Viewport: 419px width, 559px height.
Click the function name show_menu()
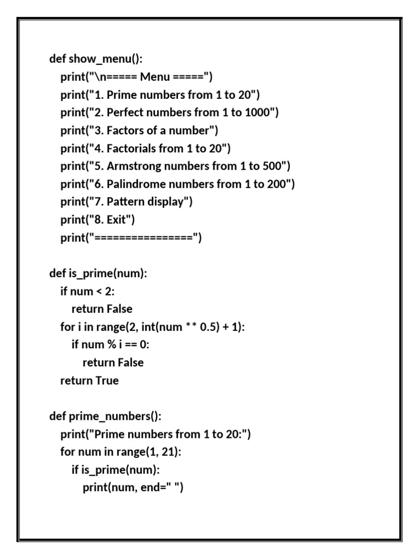[106, 59]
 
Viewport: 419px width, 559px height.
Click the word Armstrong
[134, 166]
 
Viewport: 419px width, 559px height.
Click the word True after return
[107, 380]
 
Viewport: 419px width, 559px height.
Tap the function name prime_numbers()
[115, 417]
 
